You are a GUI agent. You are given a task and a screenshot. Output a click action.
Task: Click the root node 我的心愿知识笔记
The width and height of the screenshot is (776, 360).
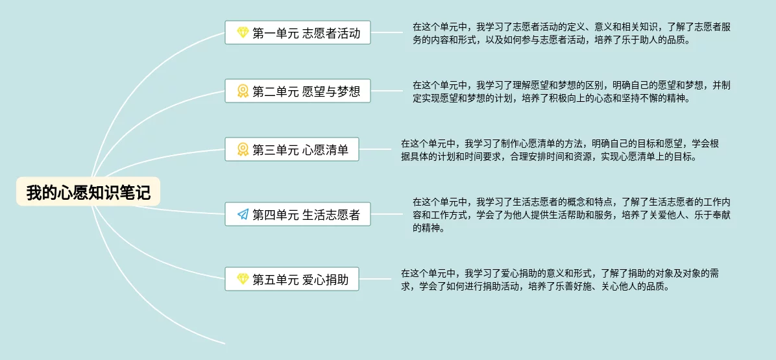88,192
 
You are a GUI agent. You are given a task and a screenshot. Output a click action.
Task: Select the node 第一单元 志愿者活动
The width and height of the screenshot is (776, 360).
298,32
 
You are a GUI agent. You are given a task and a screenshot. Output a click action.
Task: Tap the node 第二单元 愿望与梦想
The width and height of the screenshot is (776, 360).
298,91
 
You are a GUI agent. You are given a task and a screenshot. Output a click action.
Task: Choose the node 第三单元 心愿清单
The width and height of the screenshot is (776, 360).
292,150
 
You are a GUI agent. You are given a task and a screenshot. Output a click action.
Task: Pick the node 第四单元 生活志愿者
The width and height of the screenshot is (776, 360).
298,214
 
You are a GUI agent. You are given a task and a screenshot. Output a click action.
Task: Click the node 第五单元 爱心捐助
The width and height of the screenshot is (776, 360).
292,280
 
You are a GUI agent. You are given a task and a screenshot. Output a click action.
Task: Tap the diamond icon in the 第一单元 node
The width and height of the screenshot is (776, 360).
243,32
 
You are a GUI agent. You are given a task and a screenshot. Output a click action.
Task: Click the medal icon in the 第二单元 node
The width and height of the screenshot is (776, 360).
243,91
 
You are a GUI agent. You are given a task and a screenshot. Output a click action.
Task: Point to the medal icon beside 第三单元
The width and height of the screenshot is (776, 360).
243,150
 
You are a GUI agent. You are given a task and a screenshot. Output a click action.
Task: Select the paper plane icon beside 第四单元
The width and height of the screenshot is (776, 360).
243,214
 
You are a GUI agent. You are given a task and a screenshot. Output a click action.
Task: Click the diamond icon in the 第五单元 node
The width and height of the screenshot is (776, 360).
243,280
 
